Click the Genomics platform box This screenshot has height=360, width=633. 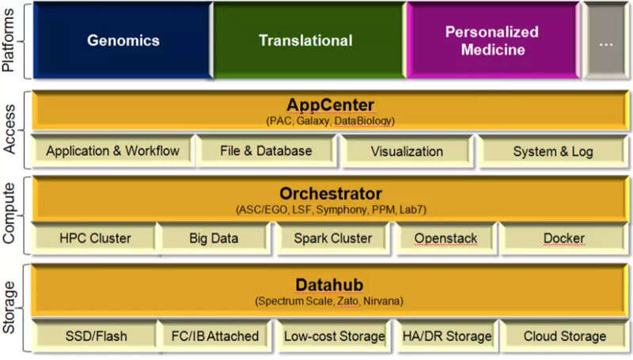(123, 40)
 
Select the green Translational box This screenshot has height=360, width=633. (306, 40)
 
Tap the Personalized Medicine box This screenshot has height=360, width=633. (491, 40)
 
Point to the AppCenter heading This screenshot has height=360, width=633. (331, 105)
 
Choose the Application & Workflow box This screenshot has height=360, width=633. (112, 151)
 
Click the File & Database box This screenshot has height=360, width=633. (267, 150)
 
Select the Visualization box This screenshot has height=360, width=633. (407, 151)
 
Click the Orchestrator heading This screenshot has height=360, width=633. (331, 194)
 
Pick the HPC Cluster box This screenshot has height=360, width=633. (95, 237)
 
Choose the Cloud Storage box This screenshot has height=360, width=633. (564, 336)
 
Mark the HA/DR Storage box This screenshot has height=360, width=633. (447, 336)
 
